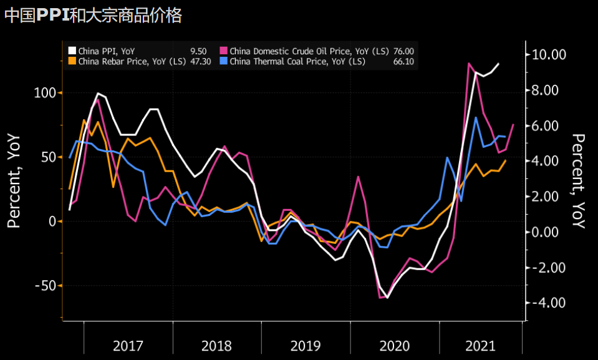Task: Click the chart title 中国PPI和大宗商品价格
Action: coord(93,15)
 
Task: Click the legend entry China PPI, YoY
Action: coord(106,51)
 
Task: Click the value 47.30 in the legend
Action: coord(199,61)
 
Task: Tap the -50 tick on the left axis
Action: coord(46,286)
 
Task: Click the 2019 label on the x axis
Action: coord(306,345)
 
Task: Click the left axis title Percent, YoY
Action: coord(14,181)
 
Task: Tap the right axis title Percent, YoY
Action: coord(579,181)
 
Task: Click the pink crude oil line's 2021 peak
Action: coord(469,62)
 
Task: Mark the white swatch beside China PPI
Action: coord(72,51)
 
